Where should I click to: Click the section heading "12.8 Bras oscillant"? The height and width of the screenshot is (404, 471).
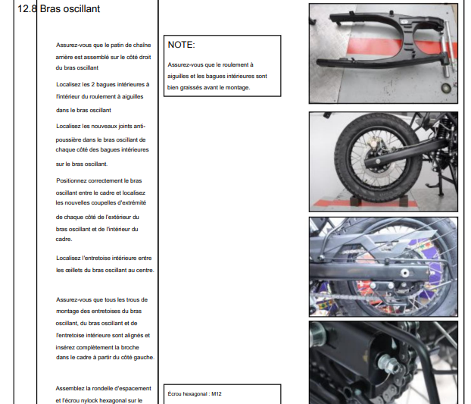pyautogui.click(x=58, y=9)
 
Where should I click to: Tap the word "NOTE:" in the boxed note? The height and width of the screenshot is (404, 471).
pyautogui.click(x=181, y=45)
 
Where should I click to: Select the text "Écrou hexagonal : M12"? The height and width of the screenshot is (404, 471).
pyautogui.click(x=195, y=394)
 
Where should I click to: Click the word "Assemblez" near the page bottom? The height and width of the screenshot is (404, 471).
pyautogui.click(x=70, y=388)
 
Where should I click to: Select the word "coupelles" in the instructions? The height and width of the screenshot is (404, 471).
pyautogui.click(x=104, y=203)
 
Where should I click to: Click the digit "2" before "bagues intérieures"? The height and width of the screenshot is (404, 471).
pyautogui.click(x=93, y=84)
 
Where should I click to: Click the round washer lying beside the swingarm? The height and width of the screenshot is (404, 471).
pyautogui.click(x=446, y=88)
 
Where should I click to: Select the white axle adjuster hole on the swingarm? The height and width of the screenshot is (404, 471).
pyautogui.click(x=405, y=273)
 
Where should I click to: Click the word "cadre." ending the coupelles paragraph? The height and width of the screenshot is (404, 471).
pyautogui.click(x=64, y=240)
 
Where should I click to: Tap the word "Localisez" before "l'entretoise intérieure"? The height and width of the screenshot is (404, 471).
pyautogui.click(x=68, y=258)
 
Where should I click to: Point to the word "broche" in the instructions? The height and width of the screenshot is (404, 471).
pyautogui.click(x=129, y=347)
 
